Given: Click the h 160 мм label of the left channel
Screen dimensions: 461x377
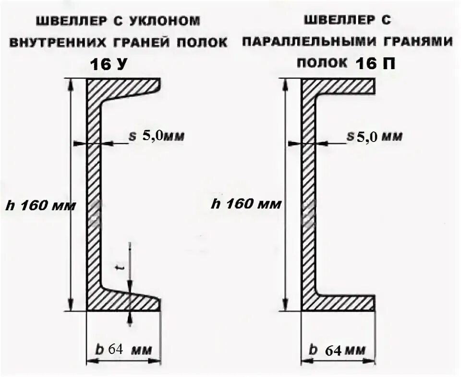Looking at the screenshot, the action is click(40, 206).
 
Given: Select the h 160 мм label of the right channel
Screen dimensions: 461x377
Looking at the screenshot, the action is click(246, 204).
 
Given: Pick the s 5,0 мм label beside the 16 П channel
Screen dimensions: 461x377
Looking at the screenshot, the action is click(374, 137).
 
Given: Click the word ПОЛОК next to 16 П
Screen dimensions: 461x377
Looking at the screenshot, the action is click(324, 63).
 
